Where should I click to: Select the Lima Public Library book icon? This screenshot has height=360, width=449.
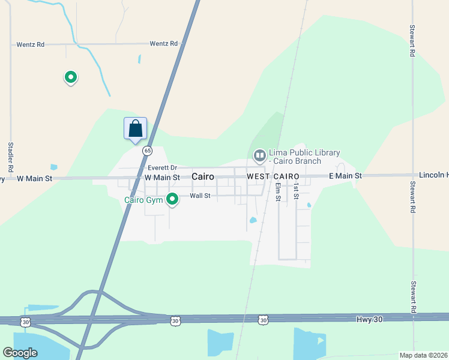pyautogui.click(x=259, y=156)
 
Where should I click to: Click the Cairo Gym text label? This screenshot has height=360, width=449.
pyautogui.click(x=143, y=200)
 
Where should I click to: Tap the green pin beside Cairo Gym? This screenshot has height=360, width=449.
pyautogui.click(x=172, y=199)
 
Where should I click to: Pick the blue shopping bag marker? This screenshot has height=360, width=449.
pyautogui.click(x=135, y=128)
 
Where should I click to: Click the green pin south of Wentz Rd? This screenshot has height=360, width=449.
pyautogui.click(x=71, y=77)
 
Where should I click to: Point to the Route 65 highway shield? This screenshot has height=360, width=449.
pyautogui.click(x=147, y=151)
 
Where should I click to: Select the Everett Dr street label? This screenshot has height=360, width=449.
pyautogui.click(x=163, y=168)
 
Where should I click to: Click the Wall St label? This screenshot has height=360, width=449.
pyautogui.click(x=200, y=196)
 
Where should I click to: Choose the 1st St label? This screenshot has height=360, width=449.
pyautogui.click(x=296, y=192)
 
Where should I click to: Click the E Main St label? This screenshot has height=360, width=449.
pyautogui.click(x=345, y=176)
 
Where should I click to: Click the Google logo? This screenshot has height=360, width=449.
pyautogui.click(x=20, y=353)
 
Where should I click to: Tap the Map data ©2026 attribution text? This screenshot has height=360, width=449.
pyautogui.click(x=423, y=355)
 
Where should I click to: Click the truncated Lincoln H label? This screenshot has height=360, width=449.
pyautogui.click(x=434, y=175)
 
